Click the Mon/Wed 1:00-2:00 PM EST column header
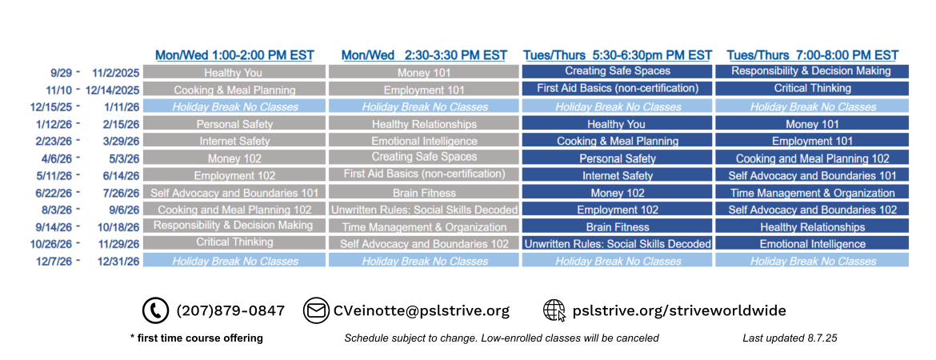coord(234,55)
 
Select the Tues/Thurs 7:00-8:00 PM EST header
coord(813,55)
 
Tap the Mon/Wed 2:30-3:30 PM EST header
coord(424,55)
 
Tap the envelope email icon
coord(316,311)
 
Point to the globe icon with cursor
coord(554,311)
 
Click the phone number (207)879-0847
coord(230,311)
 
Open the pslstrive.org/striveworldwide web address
coord(678,311)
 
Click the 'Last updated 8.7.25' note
coord(790,338)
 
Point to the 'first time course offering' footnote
coord(196,338)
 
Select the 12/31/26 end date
coord(119,262)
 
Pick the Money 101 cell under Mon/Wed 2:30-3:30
coord(424,73)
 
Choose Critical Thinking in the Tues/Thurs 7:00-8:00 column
coord(813,88)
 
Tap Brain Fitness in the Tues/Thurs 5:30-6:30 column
coord(618,227)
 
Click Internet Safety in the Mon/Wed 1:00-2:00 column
coord(234,142)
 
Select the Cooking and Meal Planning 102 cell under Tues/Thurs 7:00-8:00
coord(813,159)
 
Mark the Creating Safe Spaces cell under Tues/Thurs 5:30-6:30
coord(618,71)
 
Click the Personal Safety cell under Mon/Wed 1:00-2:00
coord(234,125)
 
